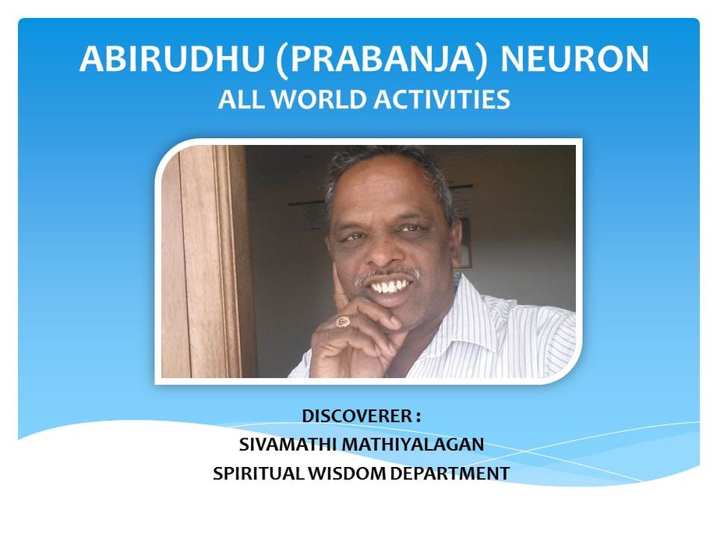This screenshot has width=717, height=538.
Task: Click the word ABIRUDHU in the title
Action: point(172,59)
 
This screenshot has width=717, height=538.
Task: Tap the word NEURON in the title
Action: point(574,59)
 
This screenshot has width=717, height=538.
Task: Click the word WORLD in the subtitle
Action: point(323,99)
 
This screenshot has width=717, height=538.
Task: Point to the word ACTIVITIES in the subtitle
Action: point(442,99)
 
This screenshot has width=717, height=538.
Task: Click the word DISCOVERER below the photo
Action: point(357,416)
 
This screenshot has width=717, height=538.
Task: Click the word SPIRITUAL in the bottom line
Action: point(259,473)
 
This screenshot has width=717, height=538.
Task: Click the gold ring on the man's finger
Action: point(343,322)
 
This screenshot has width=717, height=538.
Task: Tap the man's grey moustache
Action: point(387,276)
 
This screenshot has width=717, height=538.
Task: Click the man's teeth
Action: point(390,287)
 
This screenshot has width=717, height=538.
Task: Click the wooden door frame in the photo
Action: point(206,261)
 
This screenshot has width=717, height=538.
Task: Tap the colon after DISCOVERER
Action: point(418,417)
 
